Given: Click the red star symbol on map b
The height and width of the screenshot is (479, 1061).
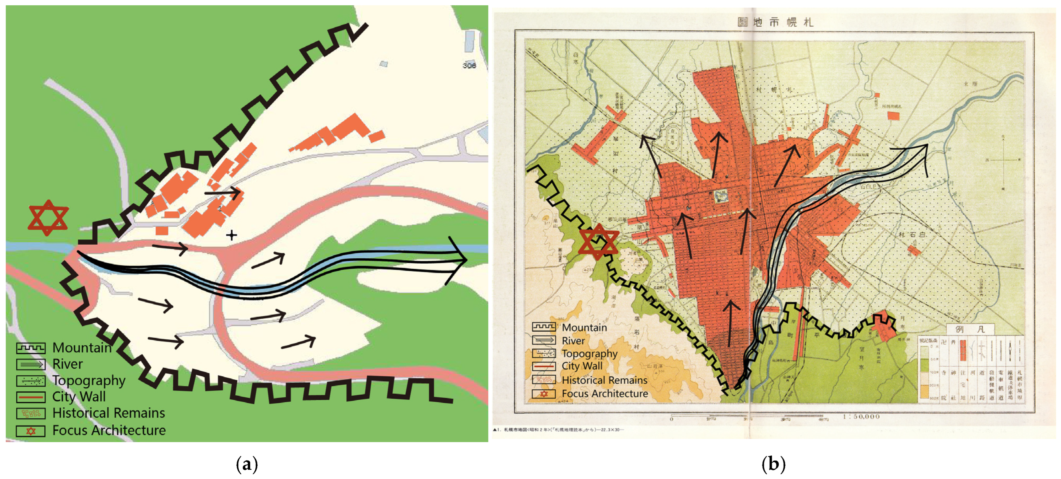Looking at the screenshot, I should coord(598,242).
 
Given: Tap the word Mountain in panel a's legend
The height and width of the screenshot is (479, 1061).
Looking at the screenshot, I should coord(82,347).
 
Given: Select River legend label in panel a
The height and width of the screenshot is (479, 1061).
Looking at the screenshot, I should coord(68,364).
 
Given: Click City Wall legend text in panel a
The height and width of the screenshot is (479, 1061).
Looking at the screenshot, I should coord(79,397).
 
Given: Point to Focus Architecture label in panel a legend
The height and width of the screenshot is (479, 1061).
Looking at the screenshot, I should coord(109,430).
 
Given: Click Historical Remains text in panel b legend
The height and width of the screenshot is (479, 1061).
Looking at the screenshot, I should coord(604,380).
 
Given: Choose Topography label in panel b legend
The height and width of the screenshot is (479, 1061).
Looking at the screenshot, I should coord(589,354).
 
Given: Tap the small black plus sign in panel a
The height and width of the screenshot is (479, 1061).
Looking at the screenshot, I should coord(231,235).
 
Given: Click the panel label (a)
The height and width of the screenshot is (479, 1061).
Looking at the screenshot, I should coord(247,465).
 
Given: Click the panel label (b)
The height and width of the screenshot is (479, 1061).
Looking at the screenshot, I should coord(773,465).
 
